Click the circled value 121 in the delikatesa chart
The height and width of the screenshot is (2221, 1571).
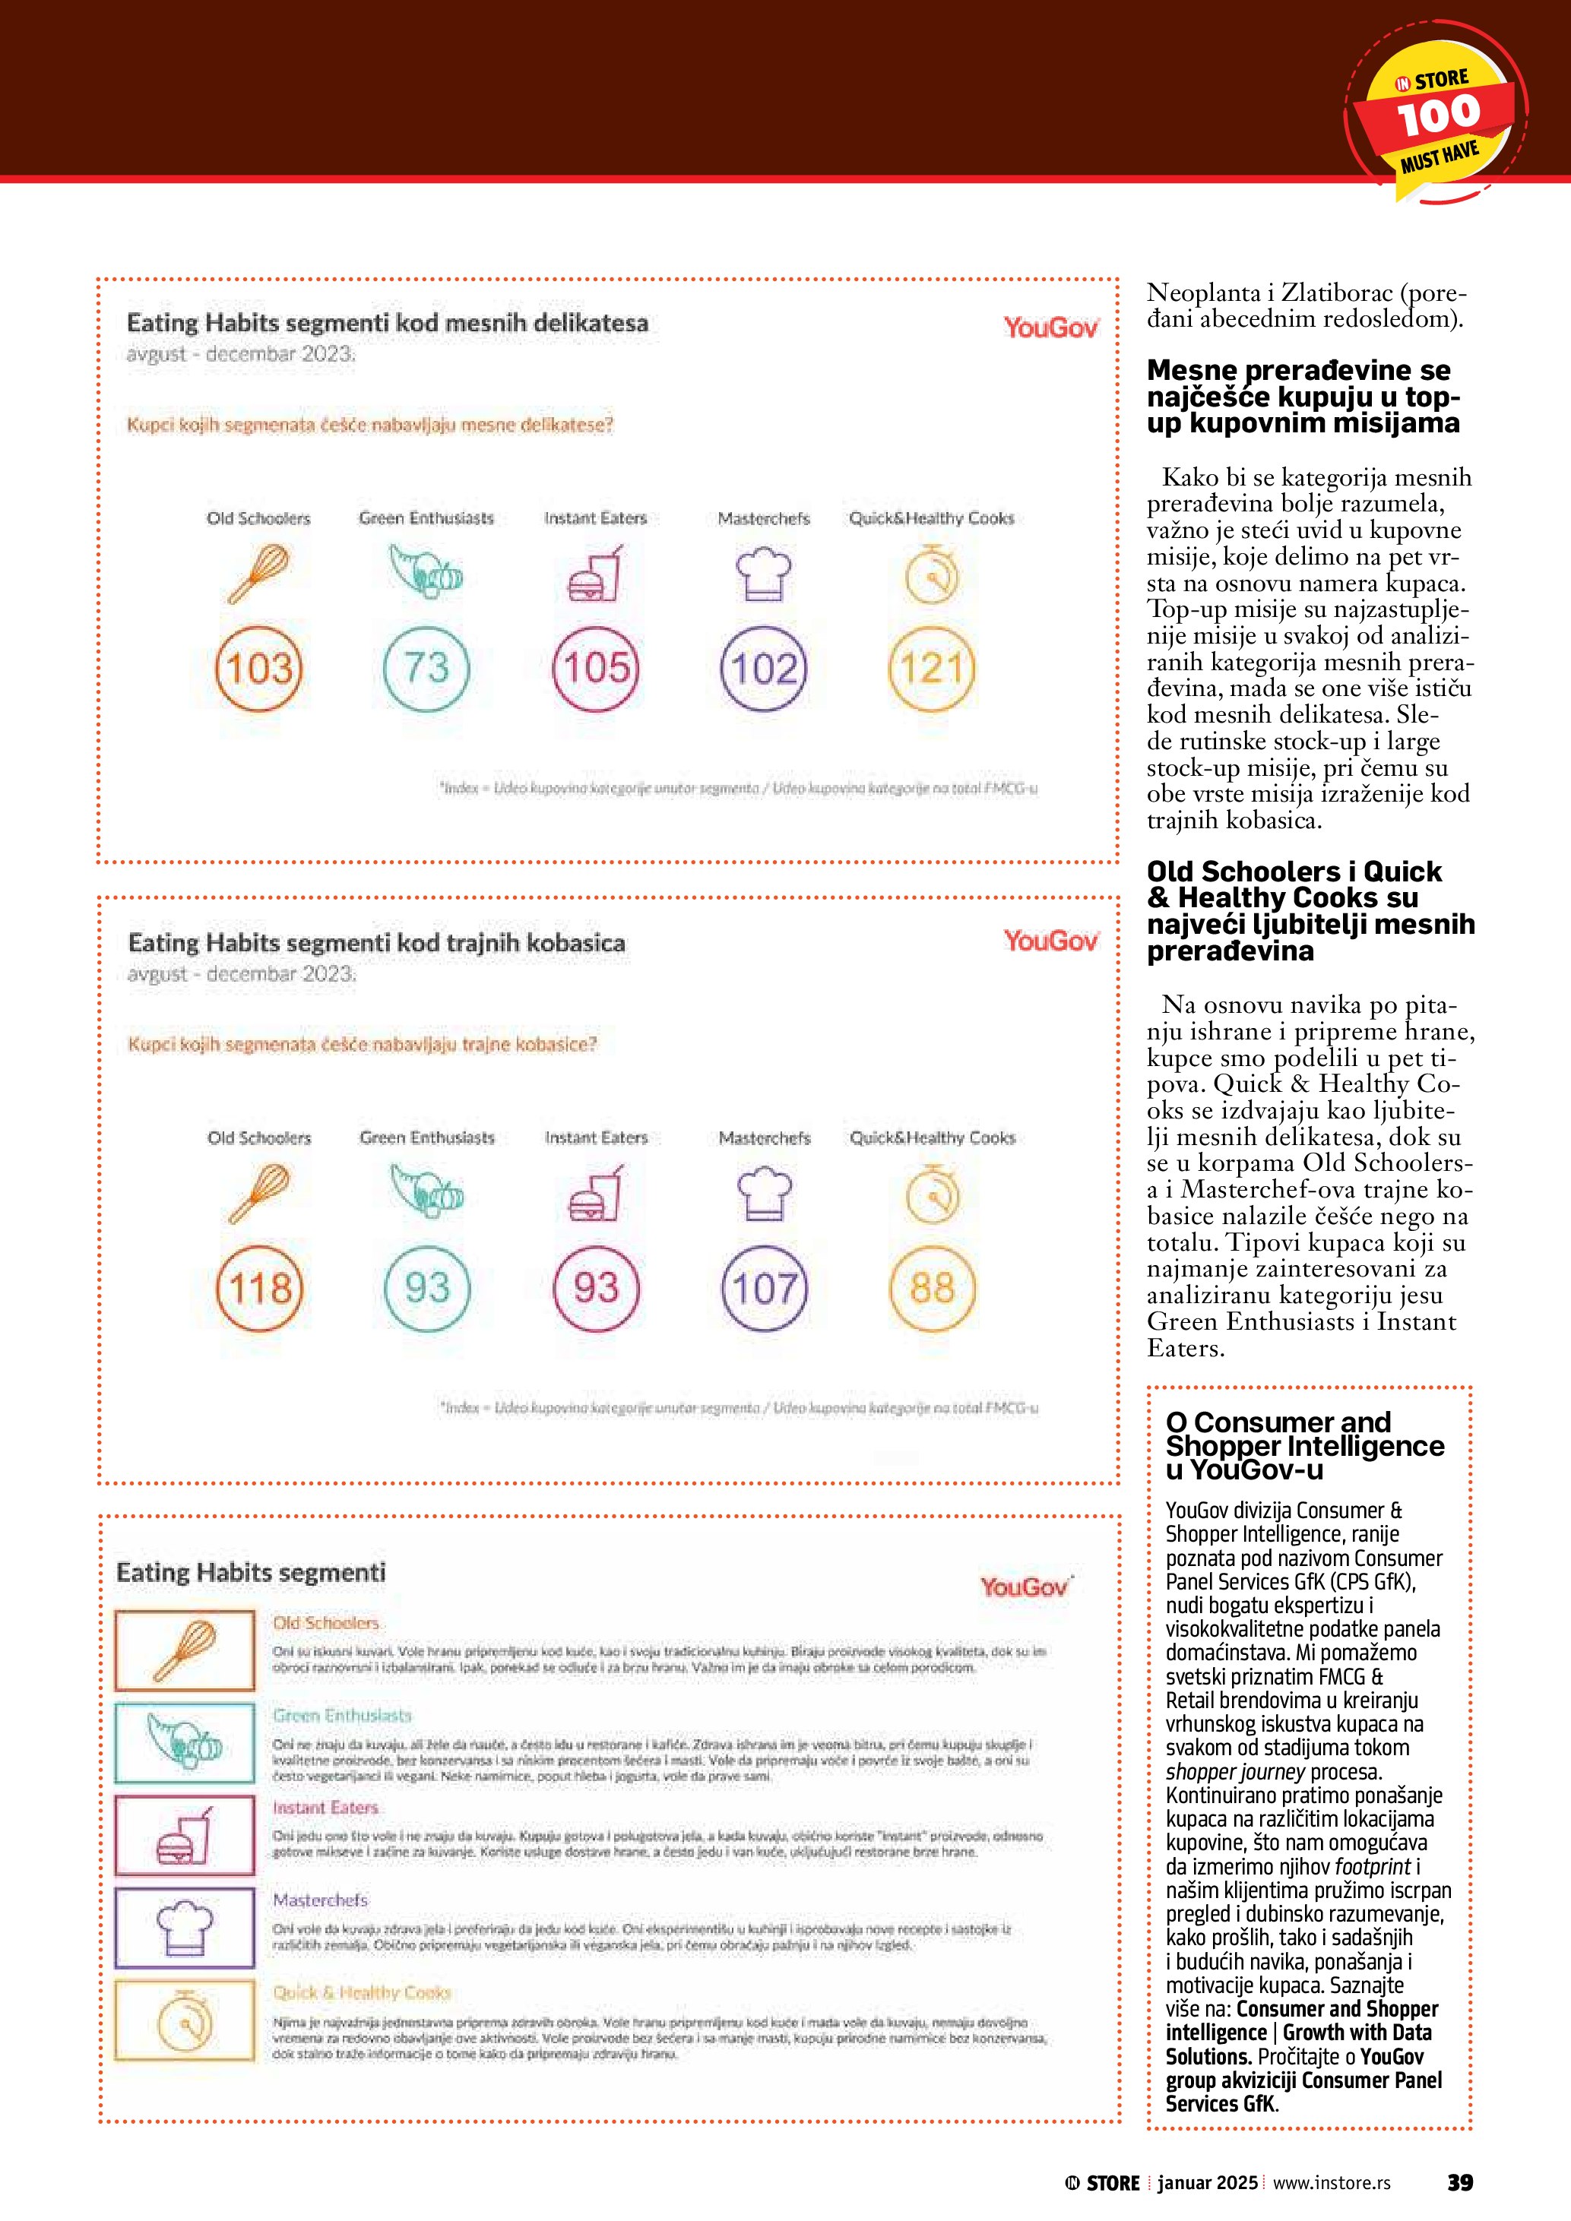(932, 669)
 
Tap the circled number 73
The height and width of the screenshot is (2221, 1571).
(426, 669)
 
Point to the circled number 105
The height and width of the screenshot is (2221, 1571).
(596, 669)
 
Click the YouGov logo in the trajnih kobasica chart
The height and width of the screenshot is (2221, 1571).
(1050, 940)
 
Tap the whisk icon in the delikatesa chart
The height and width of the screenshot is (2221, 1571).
(259, 574)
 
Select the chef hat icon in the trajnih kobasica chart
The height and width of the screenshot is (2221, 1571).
(764, 1194)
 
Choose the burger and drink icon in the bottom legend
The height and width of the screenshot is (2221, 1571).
(185, 1835)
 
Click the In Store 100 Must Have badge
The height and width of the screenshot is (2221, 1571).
(1436, 114)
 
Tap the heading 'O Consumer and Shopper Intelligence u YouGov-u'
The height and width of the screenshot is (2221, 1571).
(1304, 1446)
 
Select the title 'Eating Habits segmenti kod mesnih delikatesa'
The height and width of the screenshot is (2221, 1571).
(387, 323)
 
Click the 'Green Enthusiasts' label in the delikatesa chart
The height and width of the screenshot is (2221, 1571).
(426, 518)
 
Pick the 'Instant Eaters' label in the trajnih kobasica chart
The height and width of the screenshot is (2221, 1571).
(596, 1138)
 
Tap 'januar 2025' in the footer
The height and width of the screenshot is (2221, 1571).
(1207, 2183)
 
